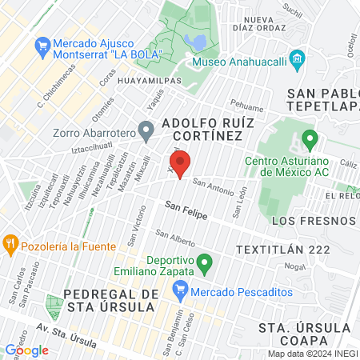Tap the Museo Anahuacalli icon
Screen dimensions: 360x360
(x=298, y=58)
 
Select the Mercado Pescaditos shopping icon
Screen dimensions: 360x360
(x=181, y=291)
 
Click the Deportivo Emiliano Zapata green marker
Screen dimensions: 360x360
(x=204, y=262)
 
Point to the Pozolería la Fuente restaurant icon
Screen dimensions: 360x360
(x=10, y=242)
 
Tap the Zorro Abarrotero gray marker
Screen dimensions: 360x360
(x=146, y=128)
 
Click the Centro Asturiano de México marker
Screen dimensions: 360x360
(x=310, y=143)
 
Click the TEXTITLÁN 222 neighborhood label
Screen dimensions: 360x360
(x=283, y=250)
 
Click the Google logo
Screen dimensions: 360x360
(x=26, y=350)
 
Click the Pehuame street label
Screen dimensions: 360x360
(x=246, y=104)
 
